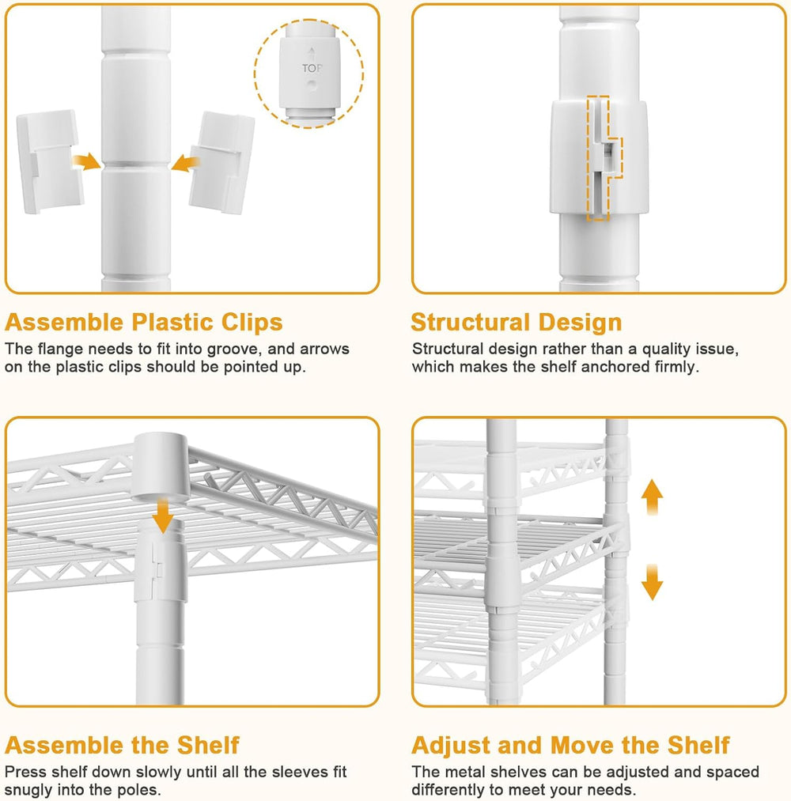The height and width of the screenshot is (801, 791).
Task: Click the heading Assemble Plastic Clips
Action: [x=144, y=323]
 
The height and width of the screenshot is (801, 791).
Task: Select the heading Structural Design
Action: [x=517, y=323]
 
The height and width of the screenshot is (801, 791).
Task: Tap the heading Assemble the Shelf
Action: [x=122, y=745]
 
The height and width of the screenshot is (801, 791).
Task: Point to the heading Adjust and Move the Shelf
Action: [x=571, y=745]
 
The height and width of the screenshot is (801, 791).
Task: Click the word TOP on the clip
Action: [x=312, y=68]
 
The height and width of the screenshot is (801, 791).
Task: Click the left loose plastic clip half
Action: [x=50, y=161]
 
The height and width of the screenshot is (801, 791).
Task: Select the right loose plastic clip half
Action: [x=222, y=162]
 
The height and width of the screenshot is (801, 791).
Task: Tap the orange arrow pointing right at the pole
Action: [x=86, y=161]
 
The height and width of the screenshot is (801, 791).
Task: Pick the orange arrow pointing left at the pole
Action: [x=185, y=164]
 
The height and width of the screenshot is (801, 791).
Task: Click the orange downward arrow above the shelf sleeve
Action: [x=163, y=516]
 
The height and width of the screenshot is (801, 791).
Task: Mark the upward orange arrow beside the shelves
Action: [x=652, y=497]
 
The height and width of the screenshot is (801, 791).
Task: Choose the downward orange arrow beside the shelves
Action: [x=652, y=582]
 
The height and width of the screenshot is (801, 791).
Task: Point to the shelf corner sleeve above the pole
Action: [x=161, y=467]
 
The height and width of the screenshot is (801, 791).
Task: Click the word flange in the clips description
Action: [x=60, y=349]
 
